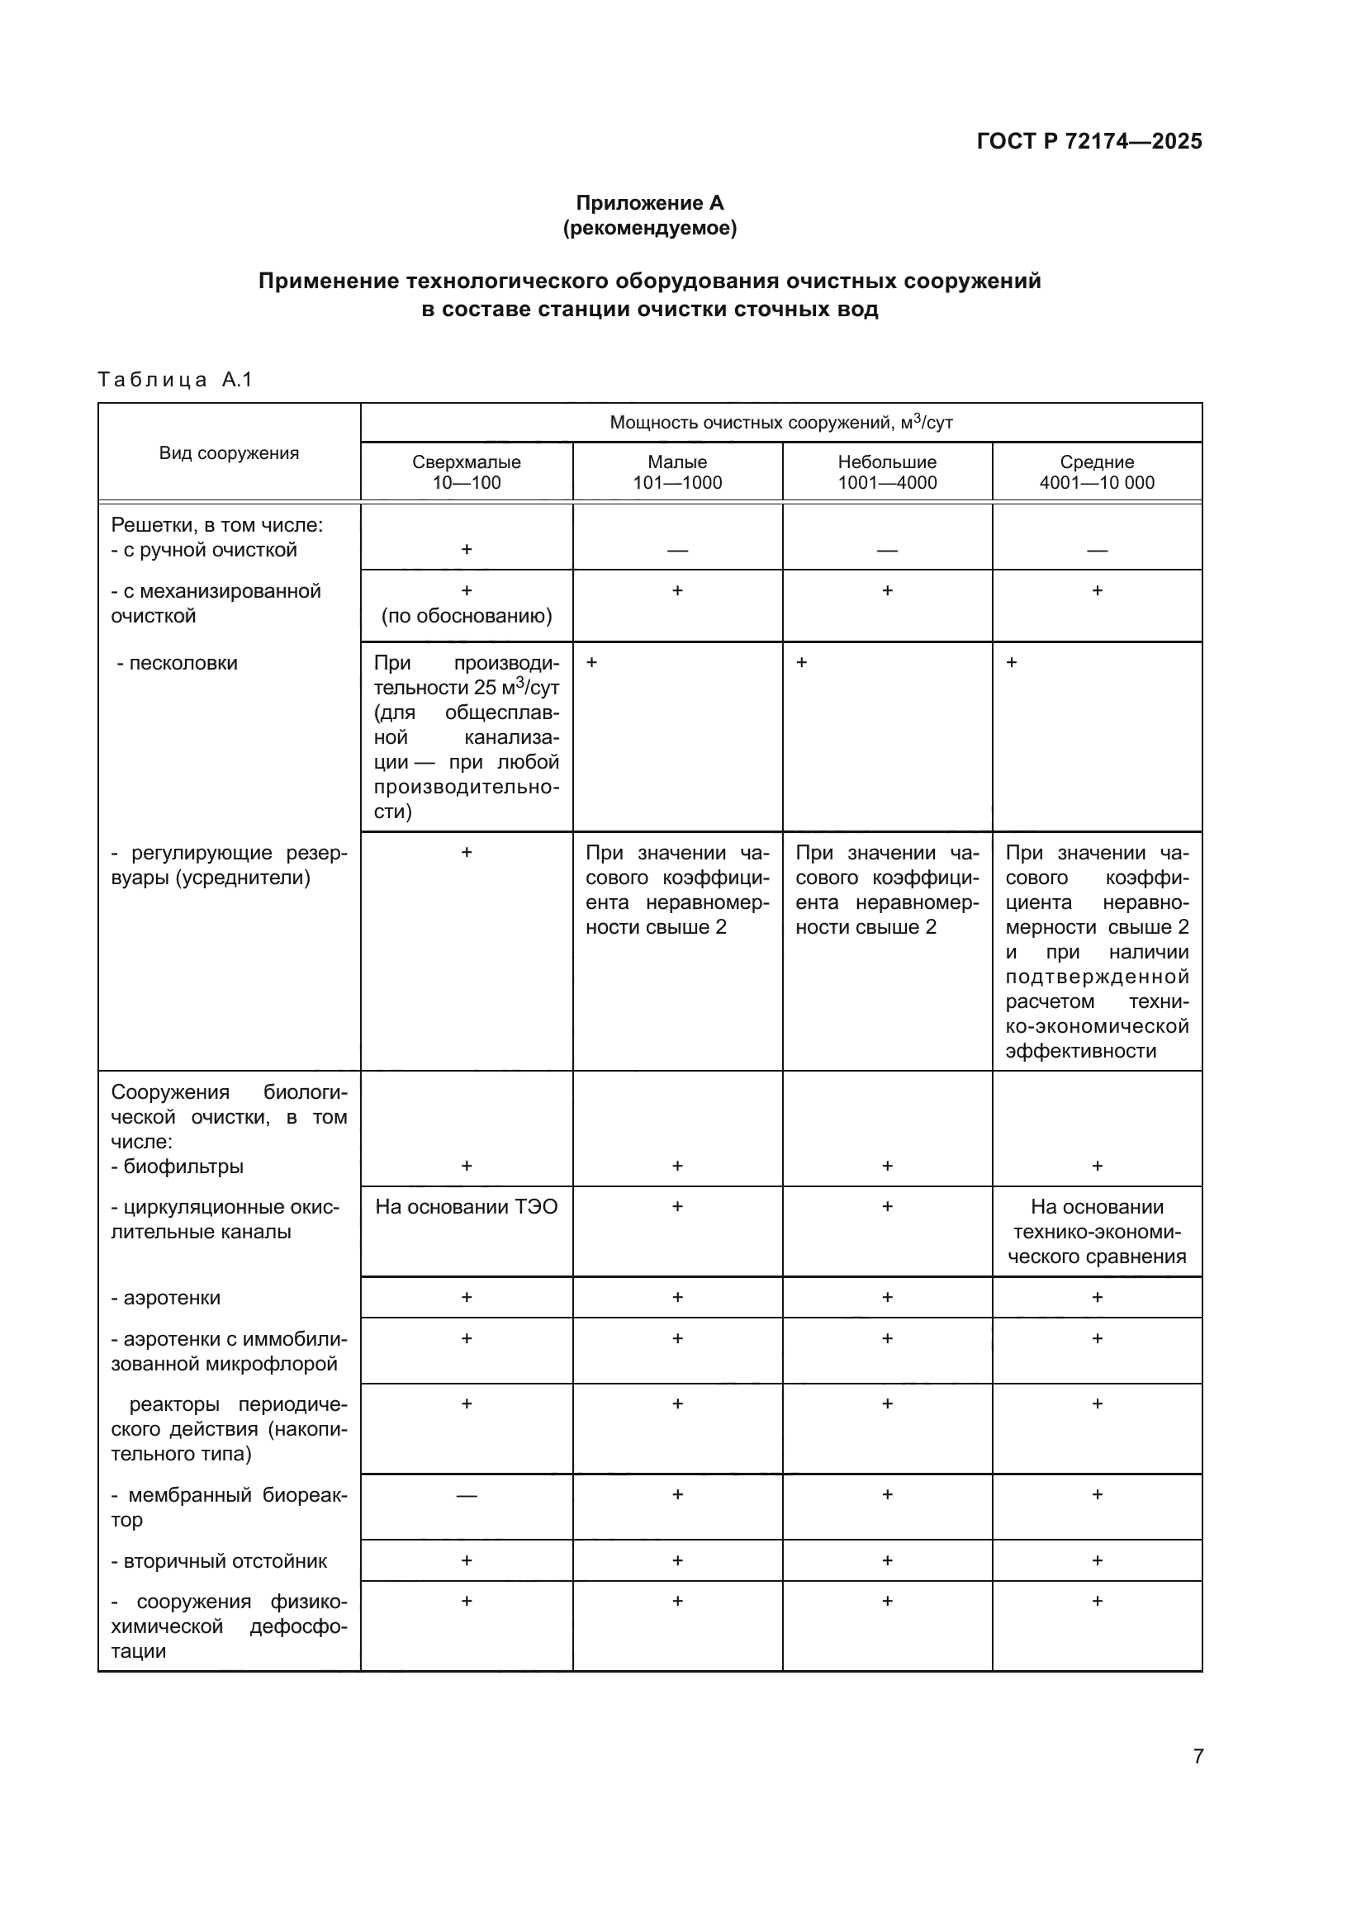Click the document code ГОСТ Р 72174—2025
coord(1089,141)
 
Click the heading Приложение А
coord(649,203)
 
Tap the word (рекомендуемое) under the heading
coord(649,228)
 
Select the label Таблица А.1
coord(175,379)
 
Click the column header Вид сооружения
coord(229,453)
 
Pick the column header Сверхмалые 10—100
coord(466,472)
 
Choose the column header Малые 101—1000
coord(677,472)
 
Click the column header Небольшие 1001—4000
coord(886,472)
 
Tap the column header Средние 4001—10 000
coord(1097,472)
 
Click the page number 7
coord(1198,1756)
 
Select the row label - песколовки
coord(177,663)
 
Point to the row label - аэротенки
coord(166,1298)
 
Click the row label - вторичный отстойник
coord(219,1561)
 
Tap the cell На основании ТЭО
coord(466,1207)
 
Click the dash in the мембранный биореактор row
coord(466,1495)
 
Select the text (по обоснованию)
coord(466,616)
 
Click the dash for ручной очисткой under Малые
coord(677,550)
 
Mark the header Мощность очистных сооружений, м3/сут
coord(780,422)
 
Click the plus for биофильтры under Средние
coord(1097,1166)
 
